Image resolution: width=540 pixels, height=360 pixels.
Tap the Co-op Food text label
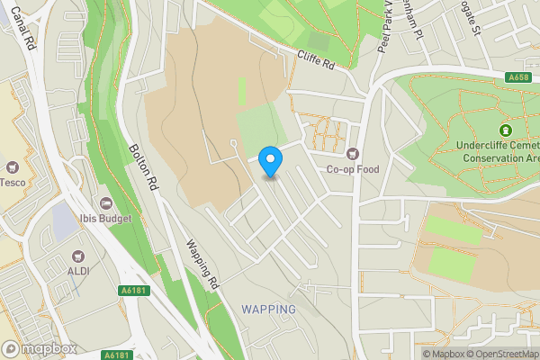(x=353, y=169)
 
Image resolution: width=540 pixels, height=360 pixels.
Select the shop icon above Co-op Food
(x=352, y=153)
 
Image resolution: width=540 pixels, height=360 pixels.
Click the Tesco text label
(x=12, y=183)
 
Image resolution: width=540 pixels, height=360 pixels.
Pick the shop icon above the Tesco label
(x=13, y=166)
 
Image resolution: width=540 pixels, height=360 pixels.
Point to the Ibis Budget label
(x=105, y=218)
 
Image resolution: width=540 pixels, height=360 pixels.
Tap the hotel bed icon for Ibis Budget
(x=105, y=202)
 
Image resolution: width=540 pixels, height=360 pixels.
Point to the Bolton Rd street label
(x=143, y=168)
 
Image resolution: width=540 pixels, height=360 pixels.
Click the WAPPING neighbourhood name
(x=268, y=310)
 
